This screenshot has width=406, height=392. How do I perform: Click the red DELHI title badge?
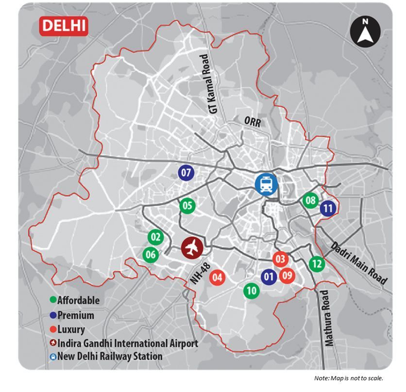64,25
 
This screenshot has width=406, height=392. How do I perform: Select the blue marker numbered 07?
186,173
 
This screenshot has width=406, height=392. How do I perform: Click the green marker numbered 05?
187,206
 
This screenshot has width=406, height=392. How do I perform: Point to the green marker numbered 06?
151,255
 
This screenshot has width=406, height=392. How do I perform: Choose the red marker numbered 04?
218,278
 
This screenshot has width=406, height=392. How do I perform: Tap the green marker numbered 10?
252,291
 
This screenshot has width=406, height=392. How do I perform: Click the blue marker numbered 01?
268,277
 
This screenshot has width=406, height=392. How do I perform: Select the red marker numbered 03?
280,259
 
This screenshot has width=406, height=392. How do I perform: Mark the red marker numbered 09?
288,276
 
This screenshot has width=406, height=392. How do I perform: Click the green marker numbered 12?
317,264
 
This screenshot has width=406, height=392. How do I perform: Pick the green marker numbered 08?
310,200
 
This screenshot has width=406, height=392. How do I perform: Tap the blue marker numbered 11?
328,209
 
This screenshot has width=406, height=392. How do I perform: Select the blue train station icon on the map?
267,184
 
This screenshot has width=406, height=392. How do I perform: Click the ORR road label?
253,122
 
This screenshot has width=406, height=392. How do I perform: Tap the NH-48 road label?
198,275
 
